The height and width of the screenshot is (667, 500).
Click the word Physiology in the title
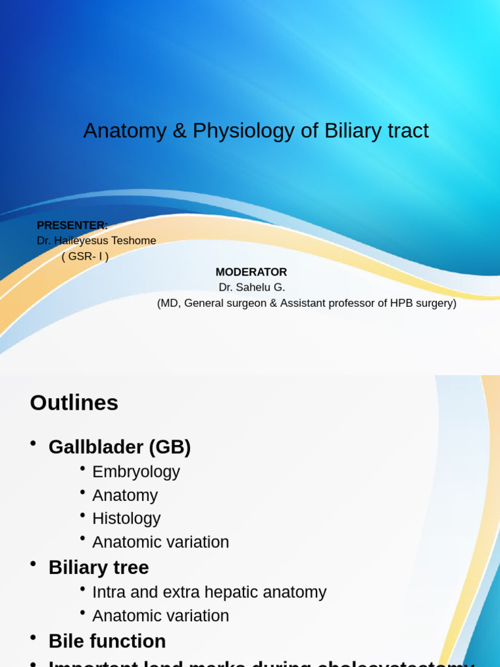point(243,132)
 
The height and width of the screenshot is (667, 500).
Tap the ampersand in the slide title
point(179,132)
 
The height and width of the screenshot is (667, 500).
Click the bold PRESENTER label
point(72,225)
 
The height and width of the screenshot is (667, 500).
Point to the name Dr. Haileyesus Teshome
point(96,241)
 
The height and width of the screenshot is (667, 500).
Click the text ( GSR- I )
point(85,257)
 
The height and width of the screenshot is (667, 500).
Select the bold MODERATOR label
point(251,272)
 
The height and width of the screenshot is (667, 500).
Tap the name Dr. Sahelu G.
point(252,288)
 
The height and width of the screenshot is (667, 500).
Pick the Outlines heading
point(74,403)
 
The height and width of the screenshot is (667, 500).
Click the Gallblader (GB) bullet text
point(120,447)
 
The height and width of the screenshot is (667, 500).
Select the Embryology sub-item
point(136,472)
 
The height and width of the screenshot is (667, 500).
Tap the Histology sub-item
point(126,518)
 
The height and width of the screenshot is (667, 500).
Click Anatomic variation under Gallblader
point(161,542)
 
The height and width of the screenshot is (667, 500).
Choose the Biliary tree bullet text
point(99,567)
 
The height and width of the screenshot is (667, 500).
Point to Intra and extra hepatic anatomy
point(209,592)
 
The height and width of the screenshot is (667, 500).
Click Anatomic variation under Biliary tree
point(161,616)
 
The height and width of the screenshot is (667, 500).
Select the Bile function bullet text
point(107,642)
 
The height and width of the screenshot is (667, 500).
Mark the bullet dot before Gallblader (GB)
point(33,444)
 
